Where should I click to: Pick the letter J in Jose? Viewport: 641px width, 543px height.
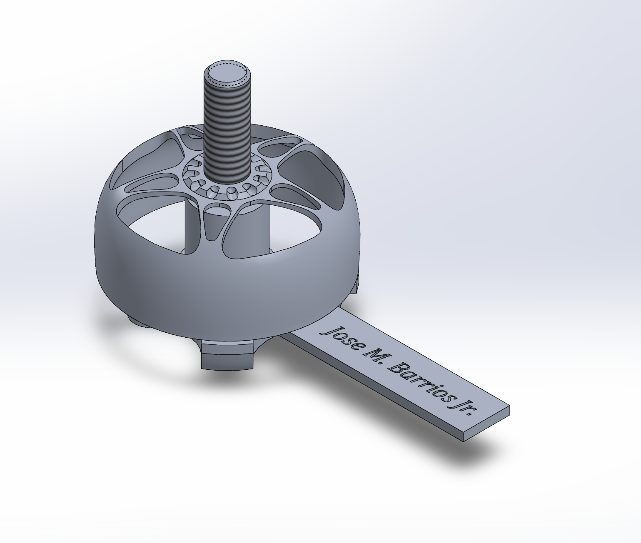(327, 331)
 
